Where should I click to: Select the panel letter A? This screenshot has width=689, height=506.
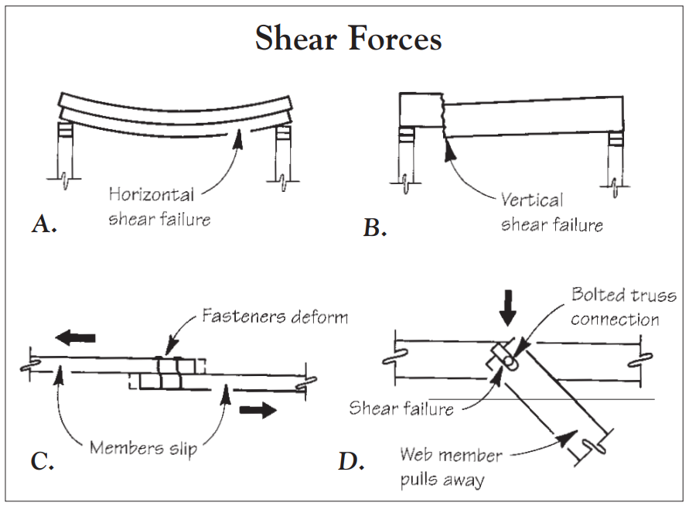(x=44, y=224)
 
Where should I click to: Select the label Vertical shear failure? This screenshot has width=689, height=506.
(x=551, y=213)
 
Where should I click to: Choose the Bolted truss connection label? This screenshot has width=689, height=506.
(x=622, y=307)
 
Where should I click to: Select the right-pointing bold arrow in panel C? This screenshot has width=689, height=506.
(x=258, y=410)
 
